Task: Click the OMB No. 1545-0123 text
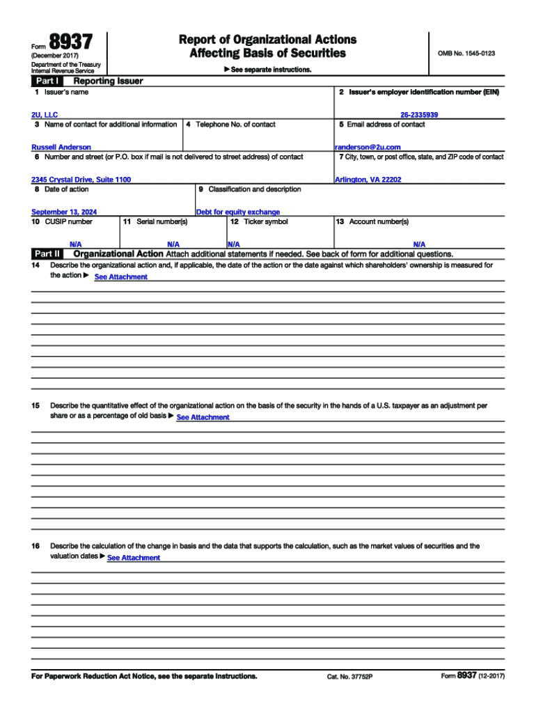pyautogui.click(x=466, y=53)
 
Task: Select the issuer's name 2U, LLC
pyautogui.click(x=45, y=114)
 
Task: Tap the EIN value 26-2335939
pyautogui.click(x=419, y=114)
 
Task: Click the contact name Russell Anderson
pyautogui.click(x=61, y=147)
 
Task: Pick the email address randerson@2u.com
pyautogui.click(x=368, y=147)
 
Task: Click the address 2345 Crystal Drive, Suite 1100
pyautogui.click(x=81, y=180)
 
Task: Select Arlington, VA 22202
pyautogui.click(x=368, y=180)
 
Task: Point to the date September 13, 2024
pyautogui.click(x=64, y=212)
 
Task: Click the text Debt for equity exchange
pyautogui.click(x=238, y=212)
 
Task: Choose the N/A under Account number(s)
pyautogui.click(x=419, y=244)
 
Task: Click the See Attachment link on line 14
pyautogui.click(x=120, y=277)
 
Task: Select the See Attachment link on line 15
pyautogui.click(x=203, y=417)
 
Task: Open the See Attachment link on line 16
pyautogui.click(x=134, y=558)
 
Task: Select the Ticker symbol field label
pyautogui.click(x=260, y=222)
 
